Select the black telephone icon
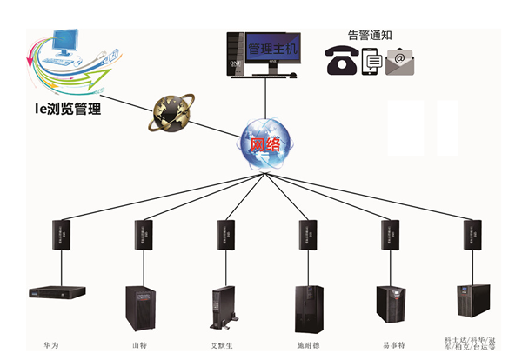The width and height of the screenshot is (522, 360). pos(341,62)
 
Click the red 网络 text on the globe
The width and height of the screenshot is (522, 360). pos(264,144)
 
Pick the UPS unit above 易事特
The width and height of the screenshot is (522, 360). pos(391,303)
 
